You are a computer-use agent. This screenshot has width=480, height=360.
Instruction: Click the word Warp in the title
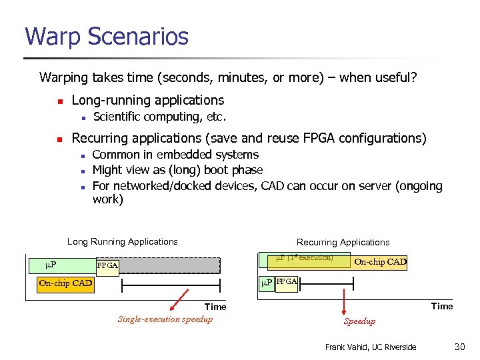(x=53, y=37)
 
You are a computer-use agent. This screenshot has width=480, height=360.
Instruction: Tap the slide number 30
(x=459, y=347)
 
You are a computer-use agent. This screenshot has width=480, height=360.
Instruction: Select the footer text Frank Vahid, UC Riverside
(x=370, y=347)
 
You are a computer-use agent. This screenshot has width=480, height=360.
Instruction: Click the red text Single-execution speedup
(x=165, y=319)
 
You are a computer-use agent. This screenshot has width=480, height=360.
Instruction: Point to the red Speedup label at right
(x=359, y=321)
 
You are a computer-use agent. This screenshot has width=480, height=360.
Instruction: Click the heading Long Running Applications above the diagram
(x=123, y=242)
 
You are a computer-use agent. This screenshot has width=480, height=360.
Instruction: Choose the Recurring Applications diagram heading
(x=343, y=242)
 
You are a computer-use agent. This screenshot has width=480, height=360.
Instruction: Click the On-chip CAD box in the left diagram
(x=65, y=283)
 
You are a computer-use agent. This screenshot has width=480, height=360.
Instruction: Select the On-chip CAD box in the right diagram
(x=380, y=262)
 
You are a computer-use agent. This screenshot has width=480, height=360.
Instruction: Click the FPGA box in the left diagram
(x=107, y=266)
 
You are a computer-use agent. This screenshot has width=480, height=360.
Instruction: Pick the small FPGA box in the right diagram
(x=287, y=282)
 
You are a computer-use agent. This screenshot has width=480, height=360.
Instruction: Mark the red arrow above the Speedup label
(x=345, y=303)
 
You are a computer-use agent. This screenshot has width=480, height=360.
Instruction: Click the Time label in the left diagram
(x=215, y=307)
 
